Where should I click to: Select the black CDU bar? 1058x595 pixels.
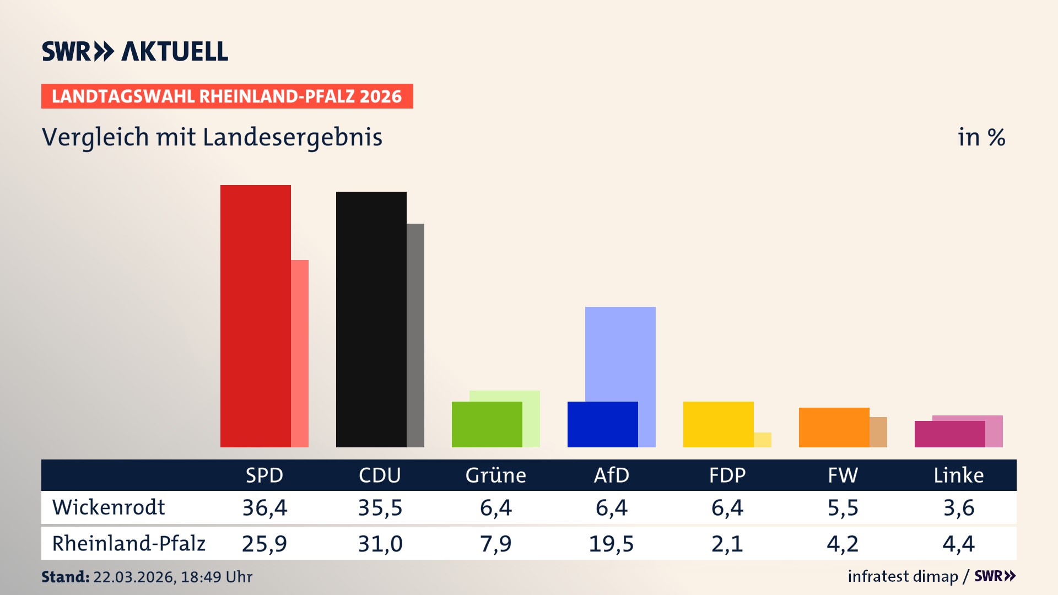coord(371,319)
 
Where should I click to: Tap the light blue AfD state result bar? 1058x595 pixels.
coord(620,353)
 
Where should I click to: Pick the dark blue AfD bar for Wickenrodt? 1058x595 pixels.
coord(603,424)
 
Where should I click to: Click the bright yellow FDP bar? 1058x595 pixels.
coord(719,424)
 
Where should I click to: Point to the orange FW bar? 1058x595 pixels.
coord(834,427)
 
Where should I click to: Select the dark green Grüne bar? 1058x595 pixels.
coord(487,424)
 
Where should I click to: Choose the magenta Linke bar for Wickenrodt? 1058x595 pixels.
coord(950,434)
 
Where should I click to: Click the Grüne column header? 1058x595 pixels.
coord(495,475)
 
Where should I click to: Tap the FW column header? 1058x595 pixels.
coord(843,475)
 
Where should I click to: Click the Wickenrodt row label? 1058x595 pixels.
coord(109,507)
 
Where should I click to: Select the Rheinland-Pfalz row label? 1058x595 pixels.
coord(128,544)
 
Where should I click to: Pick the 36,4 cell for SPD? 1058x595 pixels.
coord(264,507)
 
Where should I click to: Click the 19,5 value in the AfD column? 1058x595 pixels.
coord(611,544)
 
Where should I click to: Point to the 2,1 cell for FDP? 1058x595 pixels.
coord(727,544)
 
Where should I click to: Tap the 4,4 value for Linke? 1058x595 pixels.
coord(958,544)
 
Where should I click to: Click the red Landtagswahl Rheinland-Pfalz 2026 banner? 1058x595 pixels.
coord(227,96)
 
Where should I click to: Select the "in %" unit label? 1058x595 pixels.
coord(981,137)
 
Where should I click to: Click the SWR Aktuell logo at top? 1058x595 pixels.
coord(135,51)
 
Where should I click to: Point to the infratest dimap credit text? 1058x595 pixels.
coord(903,576)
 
